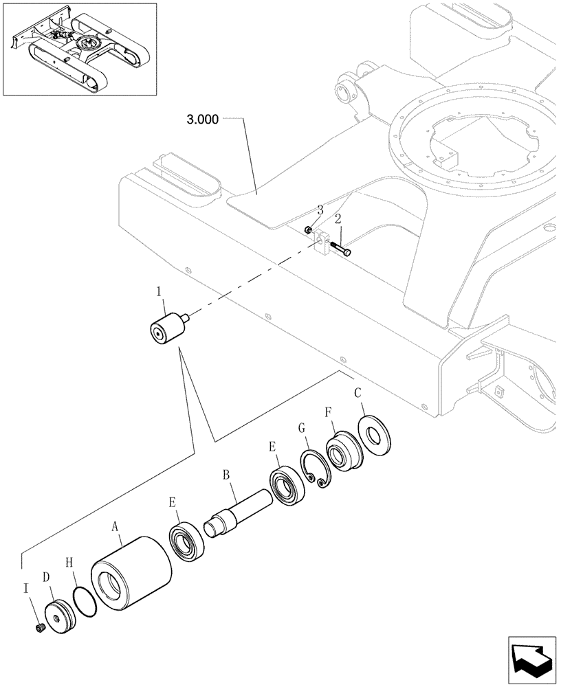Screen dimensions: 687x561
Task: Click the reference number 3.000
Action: [x=202, y=119]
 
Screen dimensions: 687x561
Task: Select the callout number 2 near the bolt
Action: [x=338, y=219]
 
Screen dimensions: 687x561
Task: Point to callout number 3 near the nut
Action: [x=320, y=210]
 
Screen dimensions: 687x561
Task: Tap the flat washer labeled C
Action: [x=374, y=433]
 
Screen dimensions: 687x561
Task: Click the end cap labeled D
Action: [x=59, y=613]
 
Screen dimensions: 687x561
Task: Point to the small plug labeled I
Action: [x=40, y=627]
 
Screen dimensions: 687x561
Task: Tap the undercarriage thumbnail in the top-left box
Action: [x=79, y=49]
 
